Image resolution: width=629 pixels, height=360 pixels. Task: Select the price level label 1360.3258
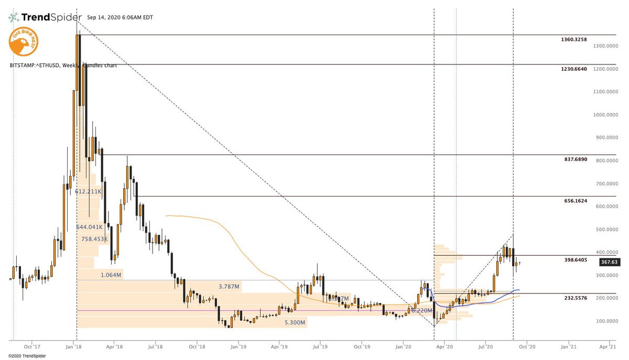tap(573, 40)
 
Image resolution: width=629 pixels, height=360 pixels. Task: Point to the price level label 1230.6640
tap(573, 69)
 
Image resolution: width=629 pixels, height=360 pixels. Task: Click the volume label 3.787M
tap(229, 287)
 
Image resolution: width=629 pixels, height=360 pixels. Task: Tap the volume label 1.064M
tap(112, 275)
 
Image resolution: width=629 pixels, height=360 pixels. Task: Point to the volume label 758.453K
tap(94, 239)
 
